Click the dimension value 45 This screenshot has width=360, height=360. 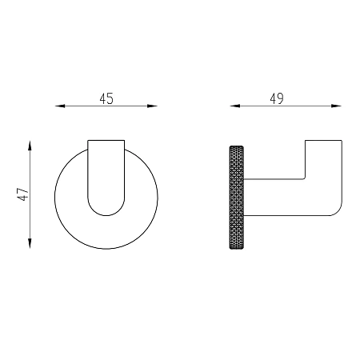point(106,98)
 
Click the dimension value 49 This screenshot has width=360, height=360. point(277,98)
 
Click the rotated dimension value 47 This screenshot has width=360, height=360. point(22,194)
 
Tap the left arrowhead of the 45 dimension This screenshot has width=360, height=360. point(60,106)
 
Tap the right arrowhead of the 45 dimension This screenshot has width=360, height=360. point(153,106)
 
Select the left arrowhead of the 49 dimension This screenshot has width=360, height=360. point(235,106)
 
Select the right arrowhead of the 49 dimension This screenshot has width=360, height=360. point(336,106)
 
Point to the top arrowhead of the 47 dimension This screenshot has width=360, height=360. point(30,146)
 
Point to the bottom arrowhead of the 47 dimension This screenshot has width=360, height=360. point(30,243)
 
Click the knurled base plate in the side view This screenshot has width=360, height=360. point(237,198)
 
